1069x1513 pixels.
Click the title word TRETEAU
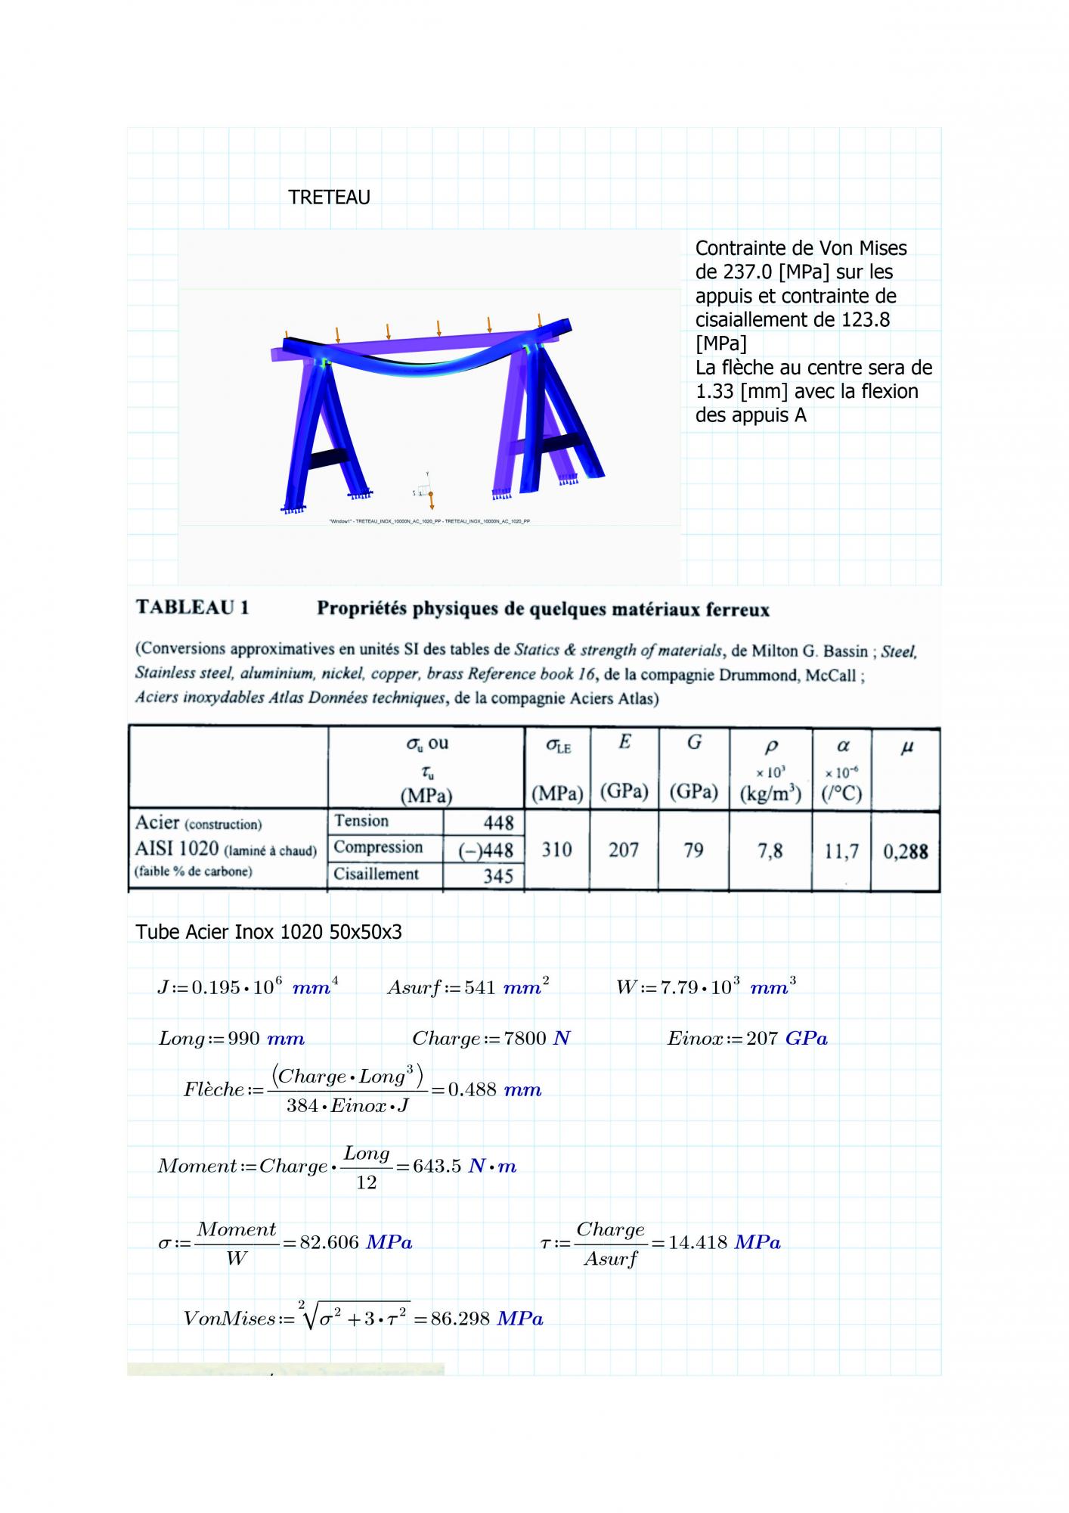[329, 197]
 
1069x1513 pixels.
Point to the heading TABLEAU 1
[192, 608]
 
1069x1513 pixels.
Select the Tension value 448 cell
[497, 822]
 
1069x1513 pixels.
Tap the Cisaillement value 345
[497, 876]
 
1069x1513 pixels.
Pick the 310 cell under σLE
[556, 850]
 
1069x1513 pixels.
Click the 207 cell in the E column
[624, 850]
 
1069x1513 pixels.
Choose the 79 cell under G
[693, 850]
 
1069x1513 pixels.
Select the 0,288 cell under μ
[906, 852]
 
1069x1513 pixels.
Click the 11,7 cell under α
[841, 852]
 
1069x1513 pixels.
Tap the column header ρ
[771, 747]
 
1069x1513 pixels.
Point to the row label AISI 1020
[176, 849]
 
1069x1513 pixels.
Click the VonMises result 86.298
[460, 1319]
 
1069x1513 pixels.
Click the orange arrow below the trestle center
[431, 502]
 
